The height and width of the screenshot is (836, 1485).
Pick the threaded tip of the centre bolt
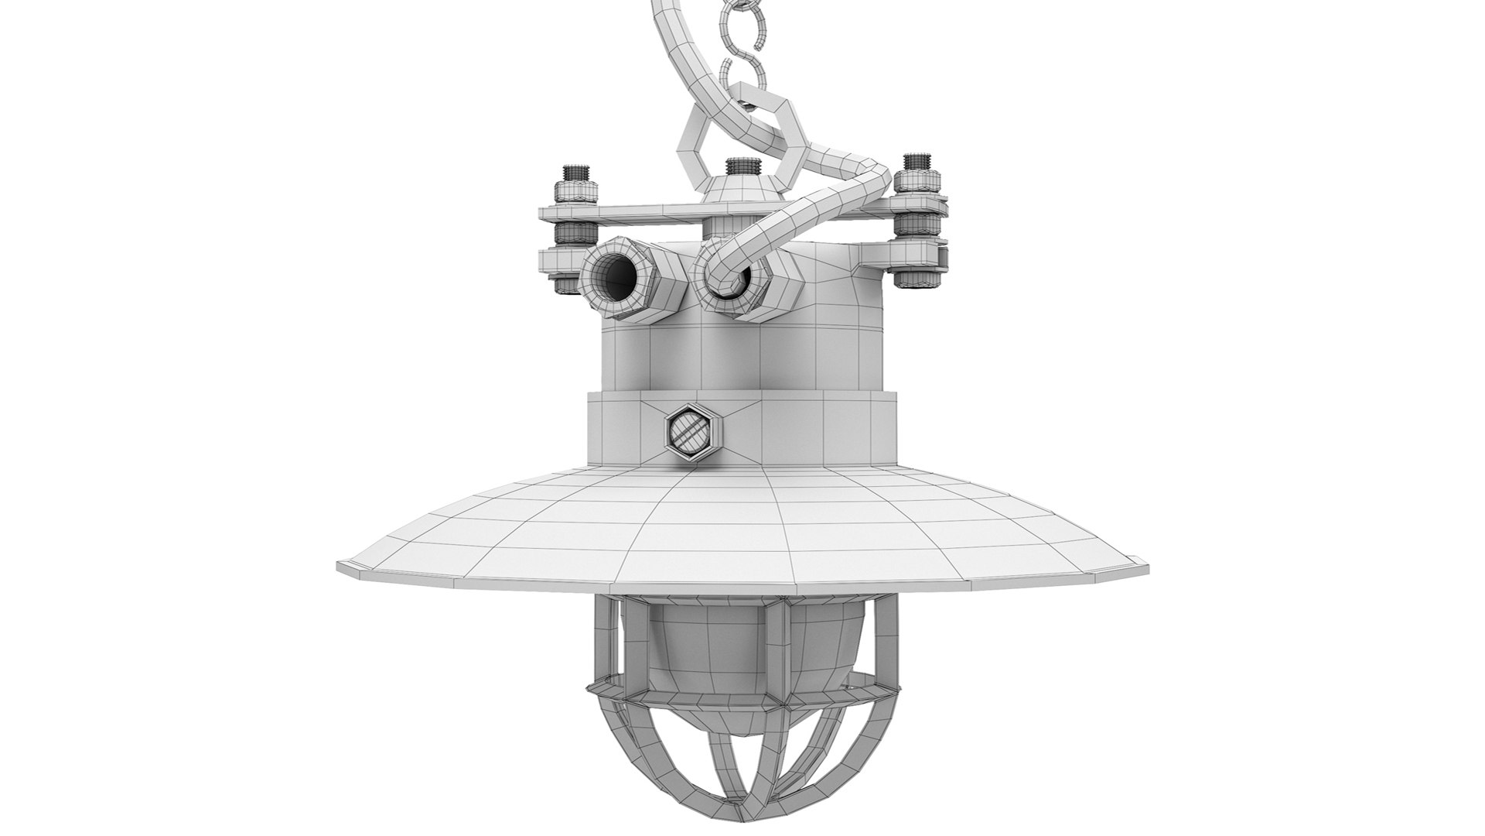click(739, 166)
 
